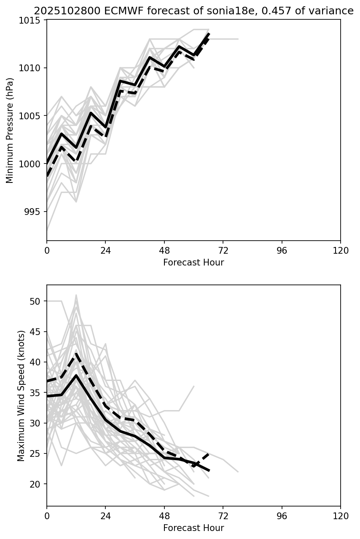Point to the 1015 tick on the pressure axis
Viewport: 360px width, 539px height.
pos(32,20)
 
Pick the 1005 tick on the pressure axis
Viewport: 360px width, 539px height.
pos(32,116)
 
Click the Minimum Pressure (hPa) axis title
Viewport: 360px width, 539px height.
pos(10,130)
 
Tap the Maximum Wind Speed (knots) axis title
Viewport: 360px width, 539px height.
pos(21,396)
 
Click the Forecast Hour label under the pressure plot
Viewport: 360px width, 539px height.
pos(193,263)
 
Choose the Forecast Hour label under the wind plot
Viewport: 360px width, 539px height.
pos(193,528)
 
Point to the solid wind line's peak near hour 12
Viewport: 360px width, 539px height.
pos(76,375)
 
